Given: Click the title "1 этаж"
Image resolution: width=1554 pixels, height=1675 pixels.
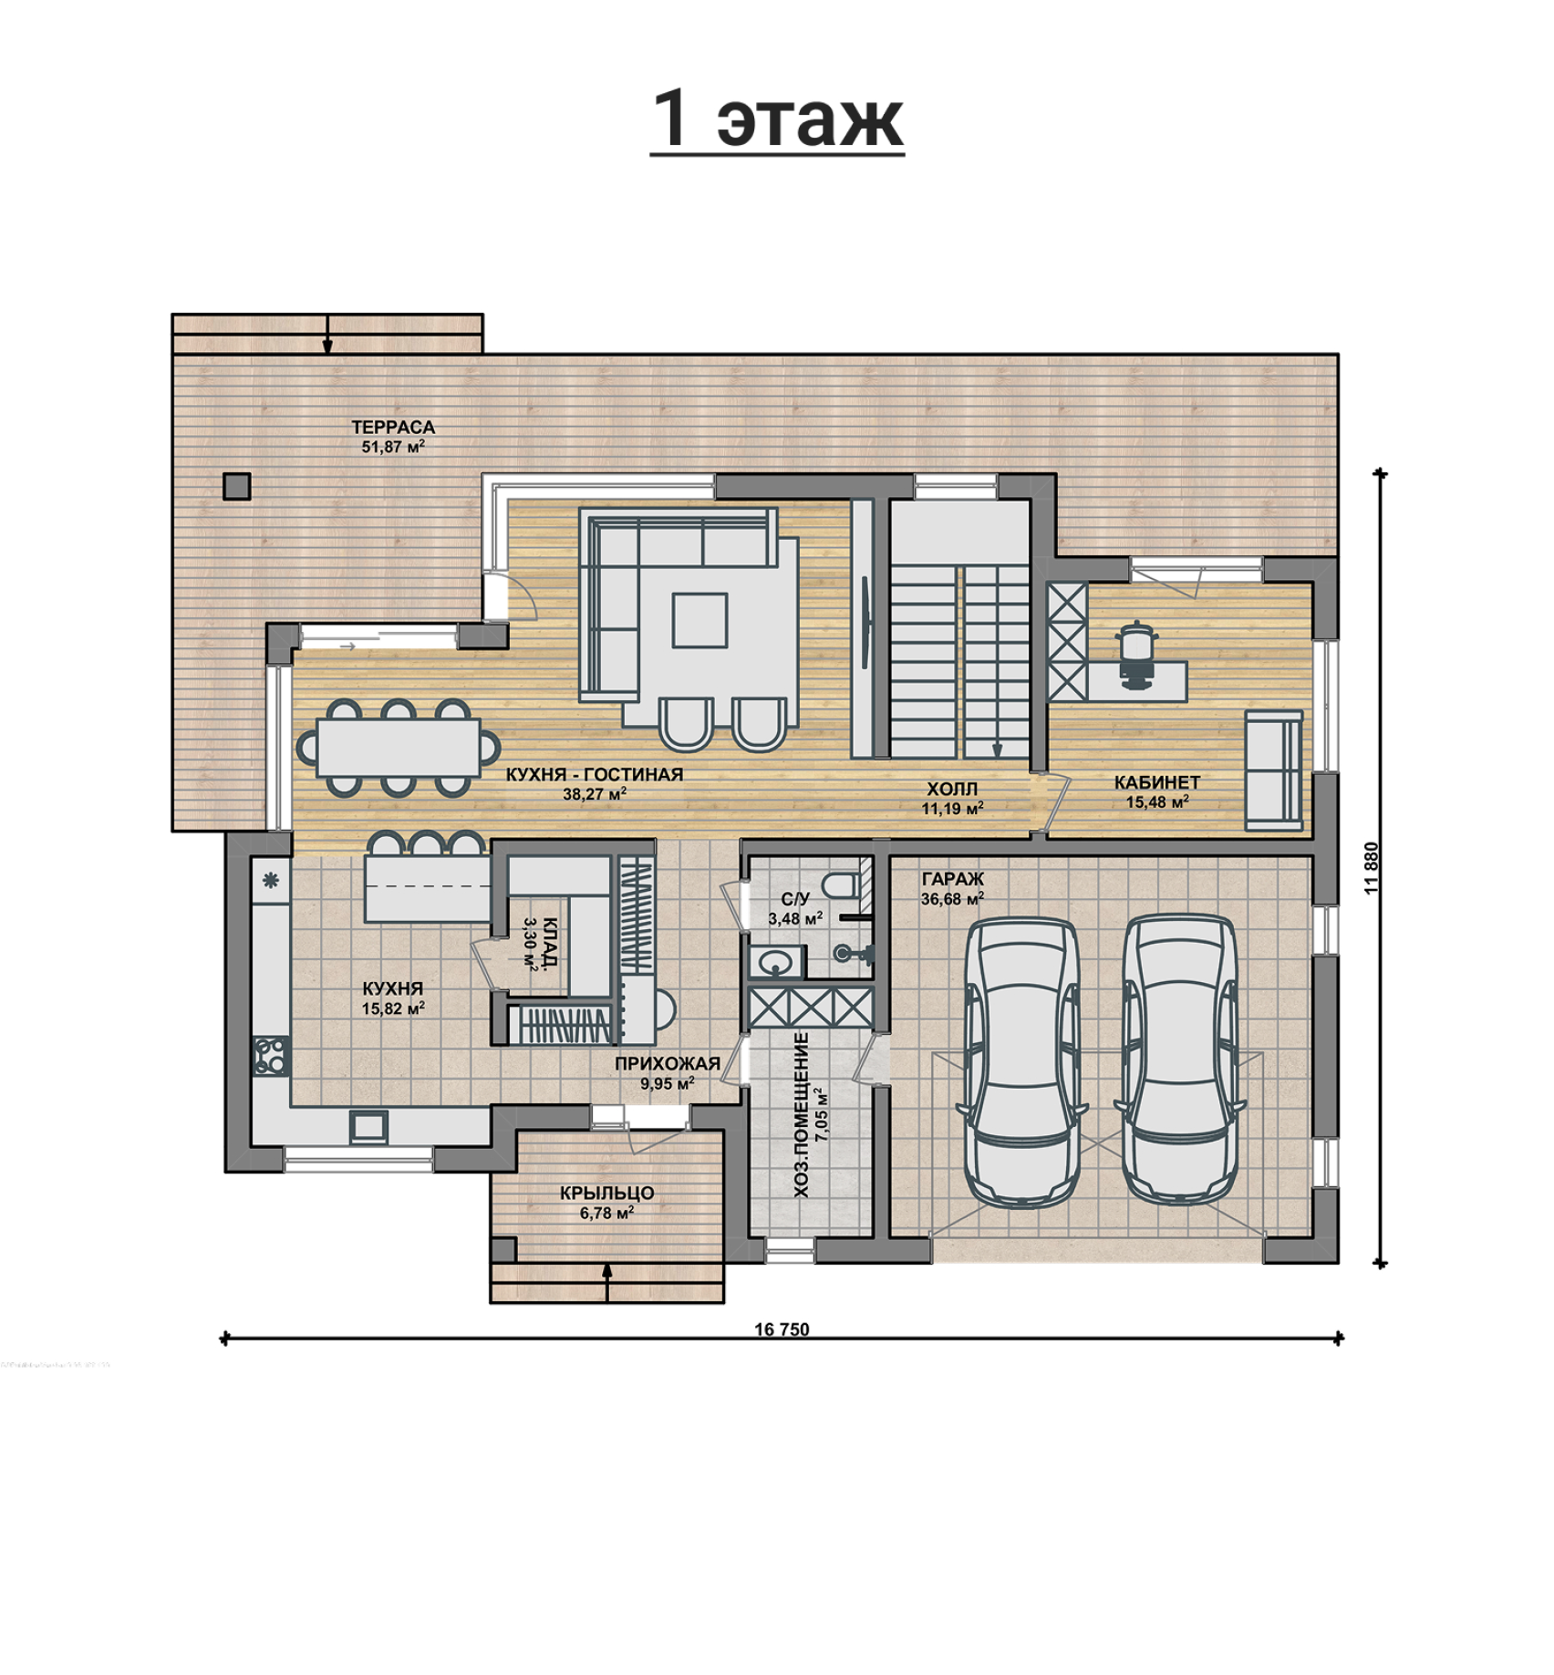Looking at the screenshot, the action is (778, 119).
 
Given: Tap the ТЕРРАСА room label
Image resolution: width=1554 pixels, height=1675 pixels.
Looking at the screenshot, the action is (393, 427).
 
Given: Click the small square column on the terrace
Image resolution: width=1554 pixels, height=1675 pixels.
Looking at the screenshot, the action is (237, 486).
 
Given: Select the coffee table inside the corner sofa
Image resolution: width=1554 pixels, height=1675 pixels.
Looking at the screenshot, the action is (699, 620).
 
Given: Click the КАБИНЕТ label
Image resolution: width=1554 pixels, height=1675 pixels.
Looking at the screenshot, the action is (1157, 782).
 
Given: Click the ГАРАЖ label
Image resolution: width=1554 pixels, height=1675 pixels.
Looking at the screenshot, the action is (952, 879).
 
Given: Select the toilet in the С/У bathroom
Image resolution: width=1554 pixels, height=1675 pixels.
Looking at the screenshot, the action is (840, 884).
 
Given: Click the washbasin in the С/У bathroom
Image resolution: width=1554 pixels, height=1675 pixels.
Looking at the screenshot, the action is (775, 961).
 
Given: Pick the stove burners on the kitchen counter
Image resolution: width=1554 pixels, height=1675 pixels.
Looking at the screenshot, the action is (272, 1056).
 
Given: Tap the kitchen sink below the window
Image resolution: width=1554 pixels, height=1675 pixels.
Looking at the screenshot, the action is (368, 1126).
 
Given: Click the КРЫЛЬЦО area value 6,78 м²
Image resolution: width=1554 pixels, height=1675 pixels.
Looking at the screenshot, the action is (606, 1213).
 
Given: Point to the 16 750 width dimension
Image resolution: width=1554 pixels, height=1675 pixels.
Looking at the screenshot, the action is (782, 1329).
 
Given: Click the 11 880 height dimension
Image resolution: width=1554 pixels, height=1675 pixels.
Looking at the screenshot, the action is (1372, 867).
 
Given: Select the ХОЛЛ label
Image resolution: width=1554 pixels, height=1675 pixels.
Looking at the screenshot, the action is (951, 789).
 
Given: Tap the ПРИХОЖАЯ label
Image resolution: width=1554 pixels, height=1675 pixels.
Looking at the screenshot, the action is (667, 1063).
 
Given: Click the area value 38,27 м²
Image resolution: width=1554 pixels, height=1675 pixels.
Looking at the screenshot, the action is (594, 794).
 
